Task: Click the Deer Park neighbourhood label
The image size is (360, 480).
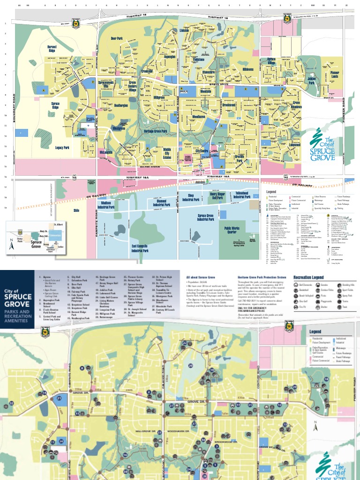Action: click(x=116, y=38)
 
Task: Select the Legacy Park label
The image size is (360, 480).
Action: click(x=62, y=147)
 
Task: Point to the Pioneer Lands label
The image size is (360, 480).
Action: click(x=334, y=75)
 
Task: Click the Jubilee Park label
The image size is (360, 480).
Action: click(x=312, y=81)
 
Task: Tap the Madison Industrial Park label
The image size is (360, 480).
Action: click(x=110, y=204)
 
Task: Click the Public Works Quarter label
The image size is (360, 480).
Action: click(x=233, y=230)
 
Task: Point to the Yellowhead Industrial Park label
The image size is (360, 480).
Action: click(x=242, y=195)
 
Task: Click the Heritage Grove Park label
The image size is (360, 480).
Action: click(x=155, y=131)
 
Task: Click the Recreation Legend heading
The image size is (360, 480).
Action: click(x=308, y=277)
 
